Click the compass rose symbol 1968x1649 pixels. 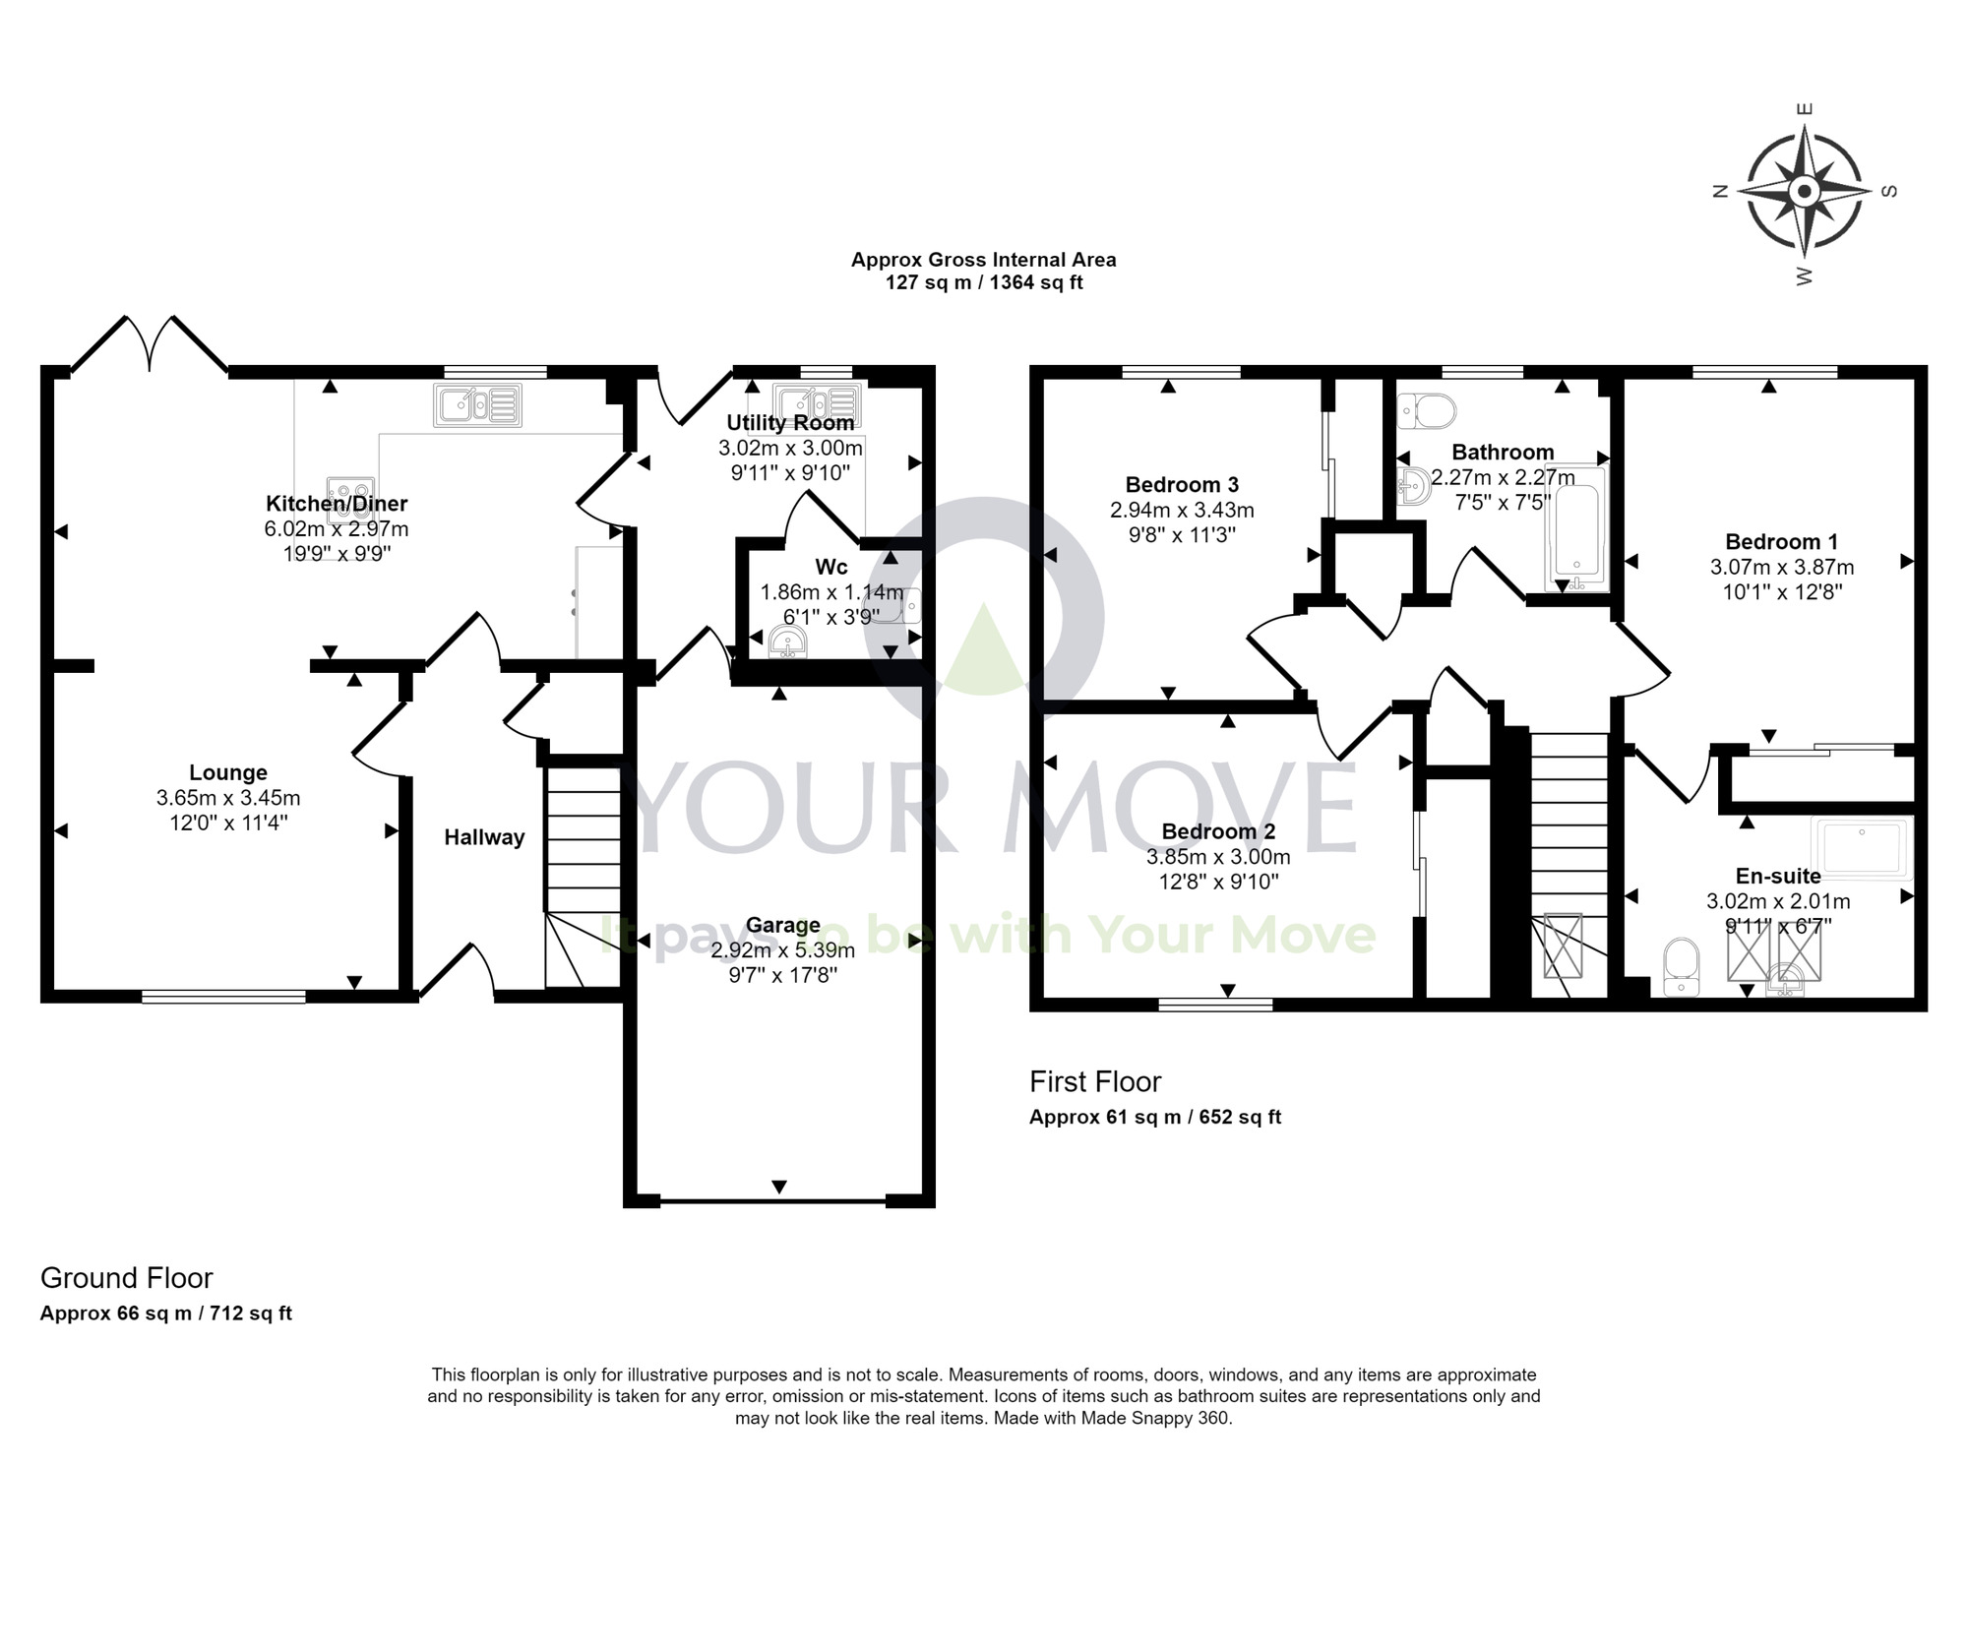[x=1804, y=192]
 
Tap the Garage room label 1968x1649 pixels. [x=782, y=925]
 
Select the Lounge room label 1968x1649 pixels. [x=228, y=772]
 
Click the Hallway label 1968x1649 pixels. [x=484, y=837]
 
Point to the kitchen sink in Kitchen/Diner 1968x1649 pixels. [x=477, y=404]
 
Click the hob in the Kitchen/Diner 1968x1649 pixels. [x=351, y=492]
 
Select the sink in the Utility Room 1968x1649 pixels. [x=817, y=402]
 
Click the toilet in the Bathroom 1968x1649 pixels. [x=1427, y=410]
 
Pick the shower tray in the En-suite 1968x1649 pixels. [x=1863, y=848]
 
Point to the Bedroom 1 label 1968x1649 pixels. [x=1782, y=541]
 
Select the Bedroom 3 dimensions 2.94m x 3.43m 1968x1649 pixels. [x=1182, y=510]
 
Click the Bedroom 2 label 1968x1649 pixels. [x=1218, y=831]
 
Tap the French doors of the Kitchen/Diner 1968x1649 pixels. [x=150, y=344]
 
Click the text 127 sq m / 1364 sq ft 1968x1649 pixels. [x=984, y=283]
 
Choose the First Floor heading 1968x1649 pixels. [x=1095, y=1082]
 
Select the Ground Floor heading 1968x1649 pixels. [x=126, y=1278]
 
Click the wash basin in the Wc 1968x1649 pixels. [x=788, y=644]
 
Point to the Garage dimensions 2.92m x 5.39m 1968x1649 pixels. [x=782, y=950]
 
